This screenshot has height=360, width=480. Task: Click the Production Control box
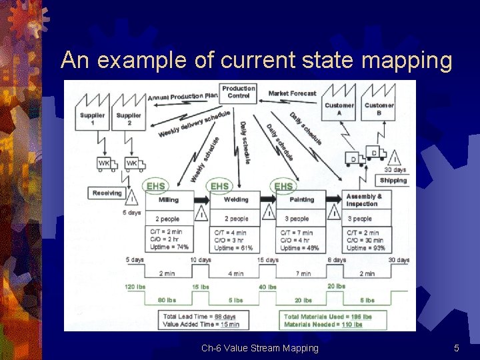239,92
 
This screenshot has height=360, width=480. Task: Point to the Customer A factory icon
339,109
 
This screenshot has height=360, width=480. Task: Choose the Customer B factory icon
379,109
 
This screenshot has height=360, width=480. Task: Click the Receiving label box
107,193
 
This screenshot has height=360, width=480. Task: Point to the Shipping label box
393,181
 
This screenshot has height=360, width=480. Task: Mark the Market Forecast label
292,94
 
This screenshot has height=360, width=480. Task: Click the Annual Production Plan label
183,97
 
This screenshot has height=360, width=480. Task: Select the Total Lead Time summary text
199,316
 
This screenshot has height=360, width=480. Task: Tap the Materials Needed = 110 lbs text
323,325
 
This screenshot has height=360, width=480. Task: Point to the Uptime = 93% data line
365,248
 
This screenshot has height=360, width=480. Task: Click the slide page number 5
457,348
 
